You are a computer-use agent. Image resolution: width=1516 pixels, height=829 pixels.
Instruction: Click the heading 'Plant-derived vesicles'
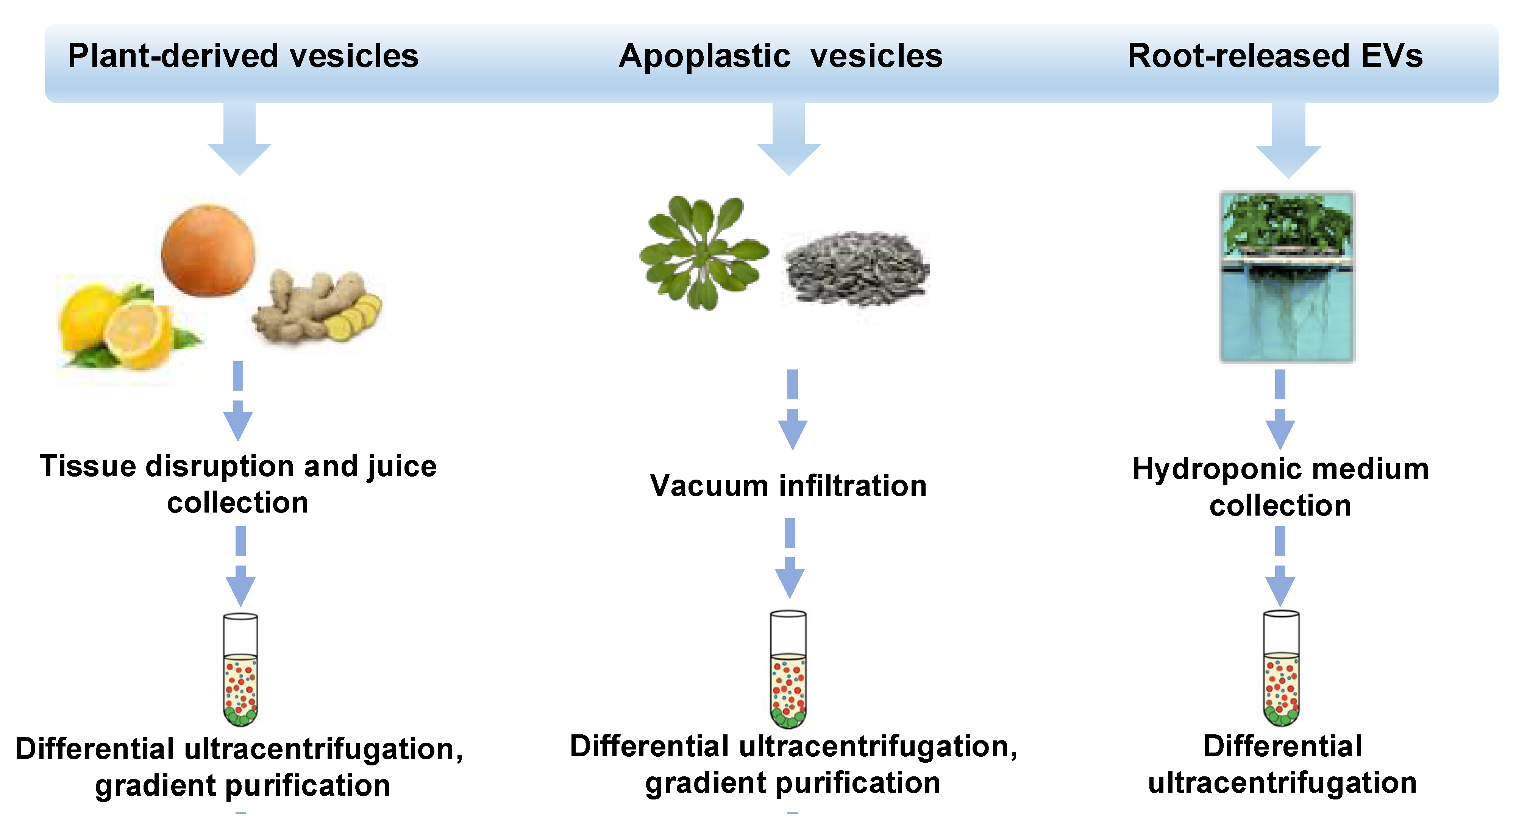tap(243, 56)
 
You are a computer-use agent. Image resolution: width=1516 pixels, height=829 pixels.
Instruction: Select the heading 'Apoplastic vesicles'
tap(781, 56)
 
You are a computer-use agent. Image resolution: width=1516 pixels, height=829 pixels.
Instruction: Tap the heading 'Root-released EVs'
tap(1275, 56)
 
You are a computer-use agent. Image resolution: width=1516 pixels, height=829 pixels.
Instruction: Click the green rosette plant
tap(703, 253)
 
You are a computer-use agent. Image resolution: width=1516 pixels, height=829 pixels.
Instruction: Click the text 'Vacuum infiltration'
tap(788, 486)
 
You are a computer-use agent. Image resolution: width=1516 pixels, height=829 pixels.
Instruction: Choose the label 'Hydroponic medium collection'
tap(1280, 487)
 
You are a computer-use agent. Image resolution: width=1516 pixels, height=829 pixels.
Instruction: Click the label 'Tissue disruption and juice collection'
tap(238, 484)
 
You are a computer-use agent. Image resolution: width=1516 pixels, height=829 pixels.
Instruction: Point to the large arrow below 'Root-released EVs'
tap(1288, 141)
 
